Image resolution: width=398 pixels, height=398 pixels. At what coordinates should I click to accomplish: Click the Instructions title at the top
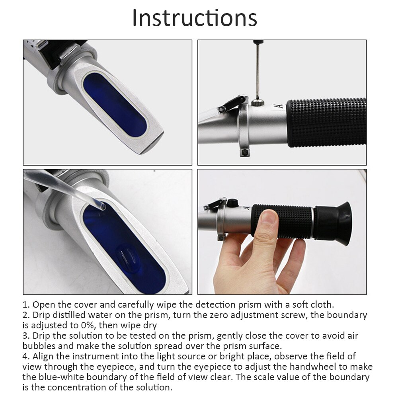pos(195,18)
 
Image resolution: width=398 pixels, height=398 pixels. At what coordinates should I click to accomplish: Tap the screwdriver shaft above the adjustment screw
pos(258,72)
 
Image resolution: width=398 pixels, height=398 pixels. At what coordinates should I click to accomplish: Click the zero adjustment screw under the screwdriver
pos(258,103)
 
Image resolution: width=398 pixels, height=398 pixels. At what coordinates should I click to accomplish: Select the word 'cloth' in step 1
pos(320,305)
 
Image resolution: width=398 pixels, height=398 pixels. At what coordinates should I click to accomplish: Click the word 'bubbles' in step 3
pos(38,346)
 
